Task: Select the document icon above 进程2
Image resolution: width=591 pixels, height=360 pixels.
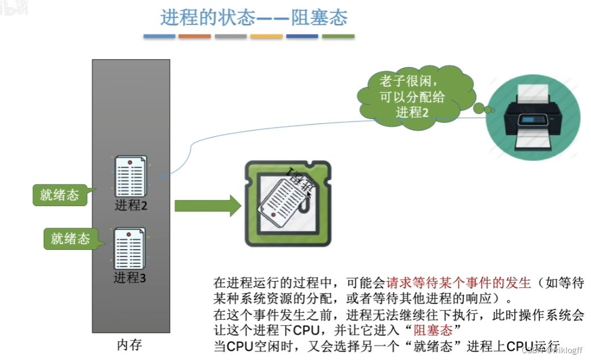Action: point(131,175)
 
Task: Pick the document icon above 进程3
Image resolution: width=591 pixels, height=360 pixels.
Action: point(130,248)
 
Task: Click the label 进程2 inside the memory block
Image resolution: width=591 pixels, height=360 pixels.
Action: point(131,205)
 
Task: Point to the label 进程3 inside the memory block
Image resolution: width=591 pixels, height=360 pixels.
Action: point(130,278)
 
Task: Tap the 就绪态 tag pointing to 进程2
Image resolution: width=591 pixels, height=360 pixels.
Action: point(59,195)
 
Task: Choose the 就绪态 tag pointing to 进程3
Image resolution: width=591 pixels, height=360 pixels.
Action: point(70,238)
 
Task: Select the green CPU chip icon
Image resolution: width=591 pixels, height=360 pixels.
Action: point(288,203)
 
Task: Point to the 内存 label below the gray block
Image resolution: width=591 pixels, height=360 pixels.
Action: point(129,345)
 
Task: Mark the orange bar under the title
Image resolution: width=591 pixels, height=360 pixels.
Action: point(195,36)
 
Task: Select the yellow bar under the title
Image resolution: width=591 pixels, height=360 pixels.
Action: point(266,36)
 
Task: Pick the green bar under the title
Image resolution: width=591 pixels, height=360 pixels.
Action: point(338,36)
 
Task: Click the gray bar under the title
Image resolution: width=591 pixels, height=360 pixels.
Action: point(230,36)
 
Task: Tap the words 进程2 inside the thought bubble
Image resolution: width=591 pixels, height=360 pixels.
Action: point(413,112)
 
